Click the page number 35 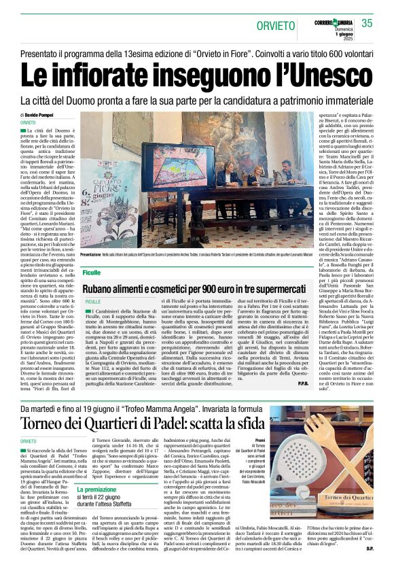click(368, 23)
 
